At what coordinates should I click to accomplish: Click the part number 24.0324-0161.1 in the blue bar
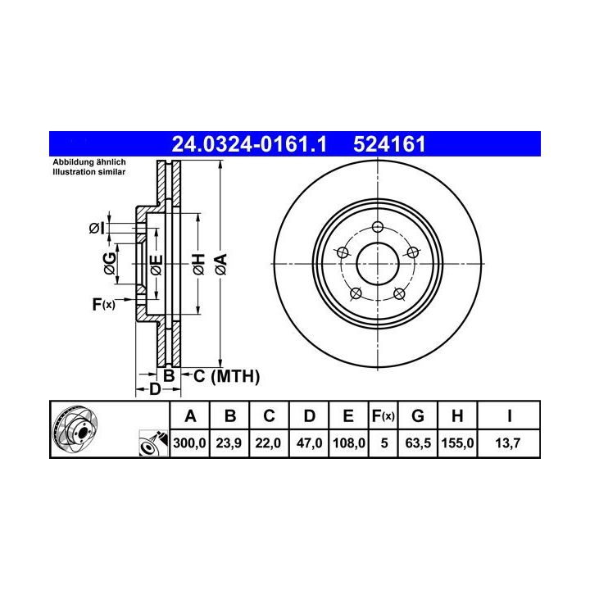[249, 144]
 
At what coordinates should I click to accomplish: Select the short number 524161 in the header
[389, 144]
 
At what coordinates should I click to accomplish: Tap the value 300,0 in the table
[189, 442]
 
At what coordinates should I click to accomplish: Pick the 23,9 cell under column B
[229, 442]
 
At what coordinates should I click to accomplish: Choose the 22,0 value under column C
[268, 442]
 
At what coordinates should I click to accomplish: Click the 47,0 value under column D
[309, 442]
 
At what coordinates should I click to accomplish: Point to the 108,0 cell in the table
[349, 442]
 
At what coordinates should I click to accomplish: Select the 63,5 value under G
[418, 442]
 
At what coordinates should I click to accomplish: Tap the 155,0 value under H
[457, 442]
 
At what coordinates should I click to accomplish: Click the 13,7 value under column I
[508, 442]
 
